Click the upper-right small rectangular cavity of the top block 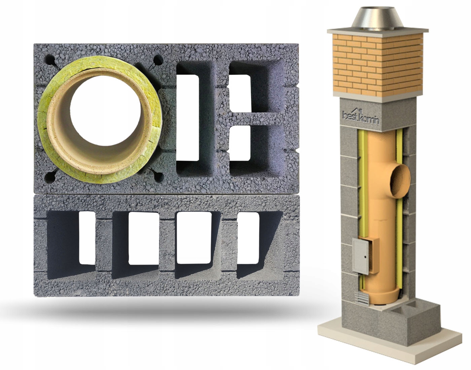click(x=241, y=93)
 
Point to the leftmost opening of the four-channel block click(x=87, y=237)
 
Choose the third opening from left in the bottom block click(x=191, y=237)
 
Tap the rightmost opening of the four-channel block click(x=248, y=237)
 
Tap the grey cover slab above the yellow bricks click(x=377, y=31)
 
